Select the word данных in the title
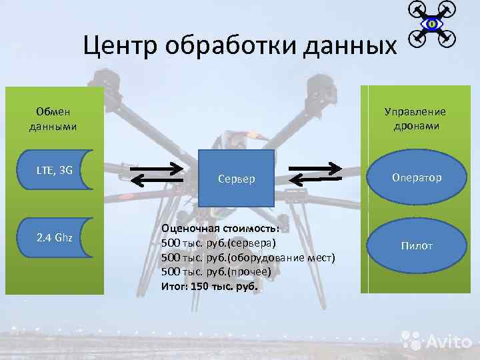tap(347, 47)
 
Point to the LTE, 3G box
tap(55, 170)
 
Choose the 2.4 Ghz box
tap(55, 237)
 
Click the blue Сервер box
tap(237, 178)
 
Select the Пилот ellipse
tap(417, 245)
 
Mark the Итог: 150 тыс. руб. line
tap(209, 286)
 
